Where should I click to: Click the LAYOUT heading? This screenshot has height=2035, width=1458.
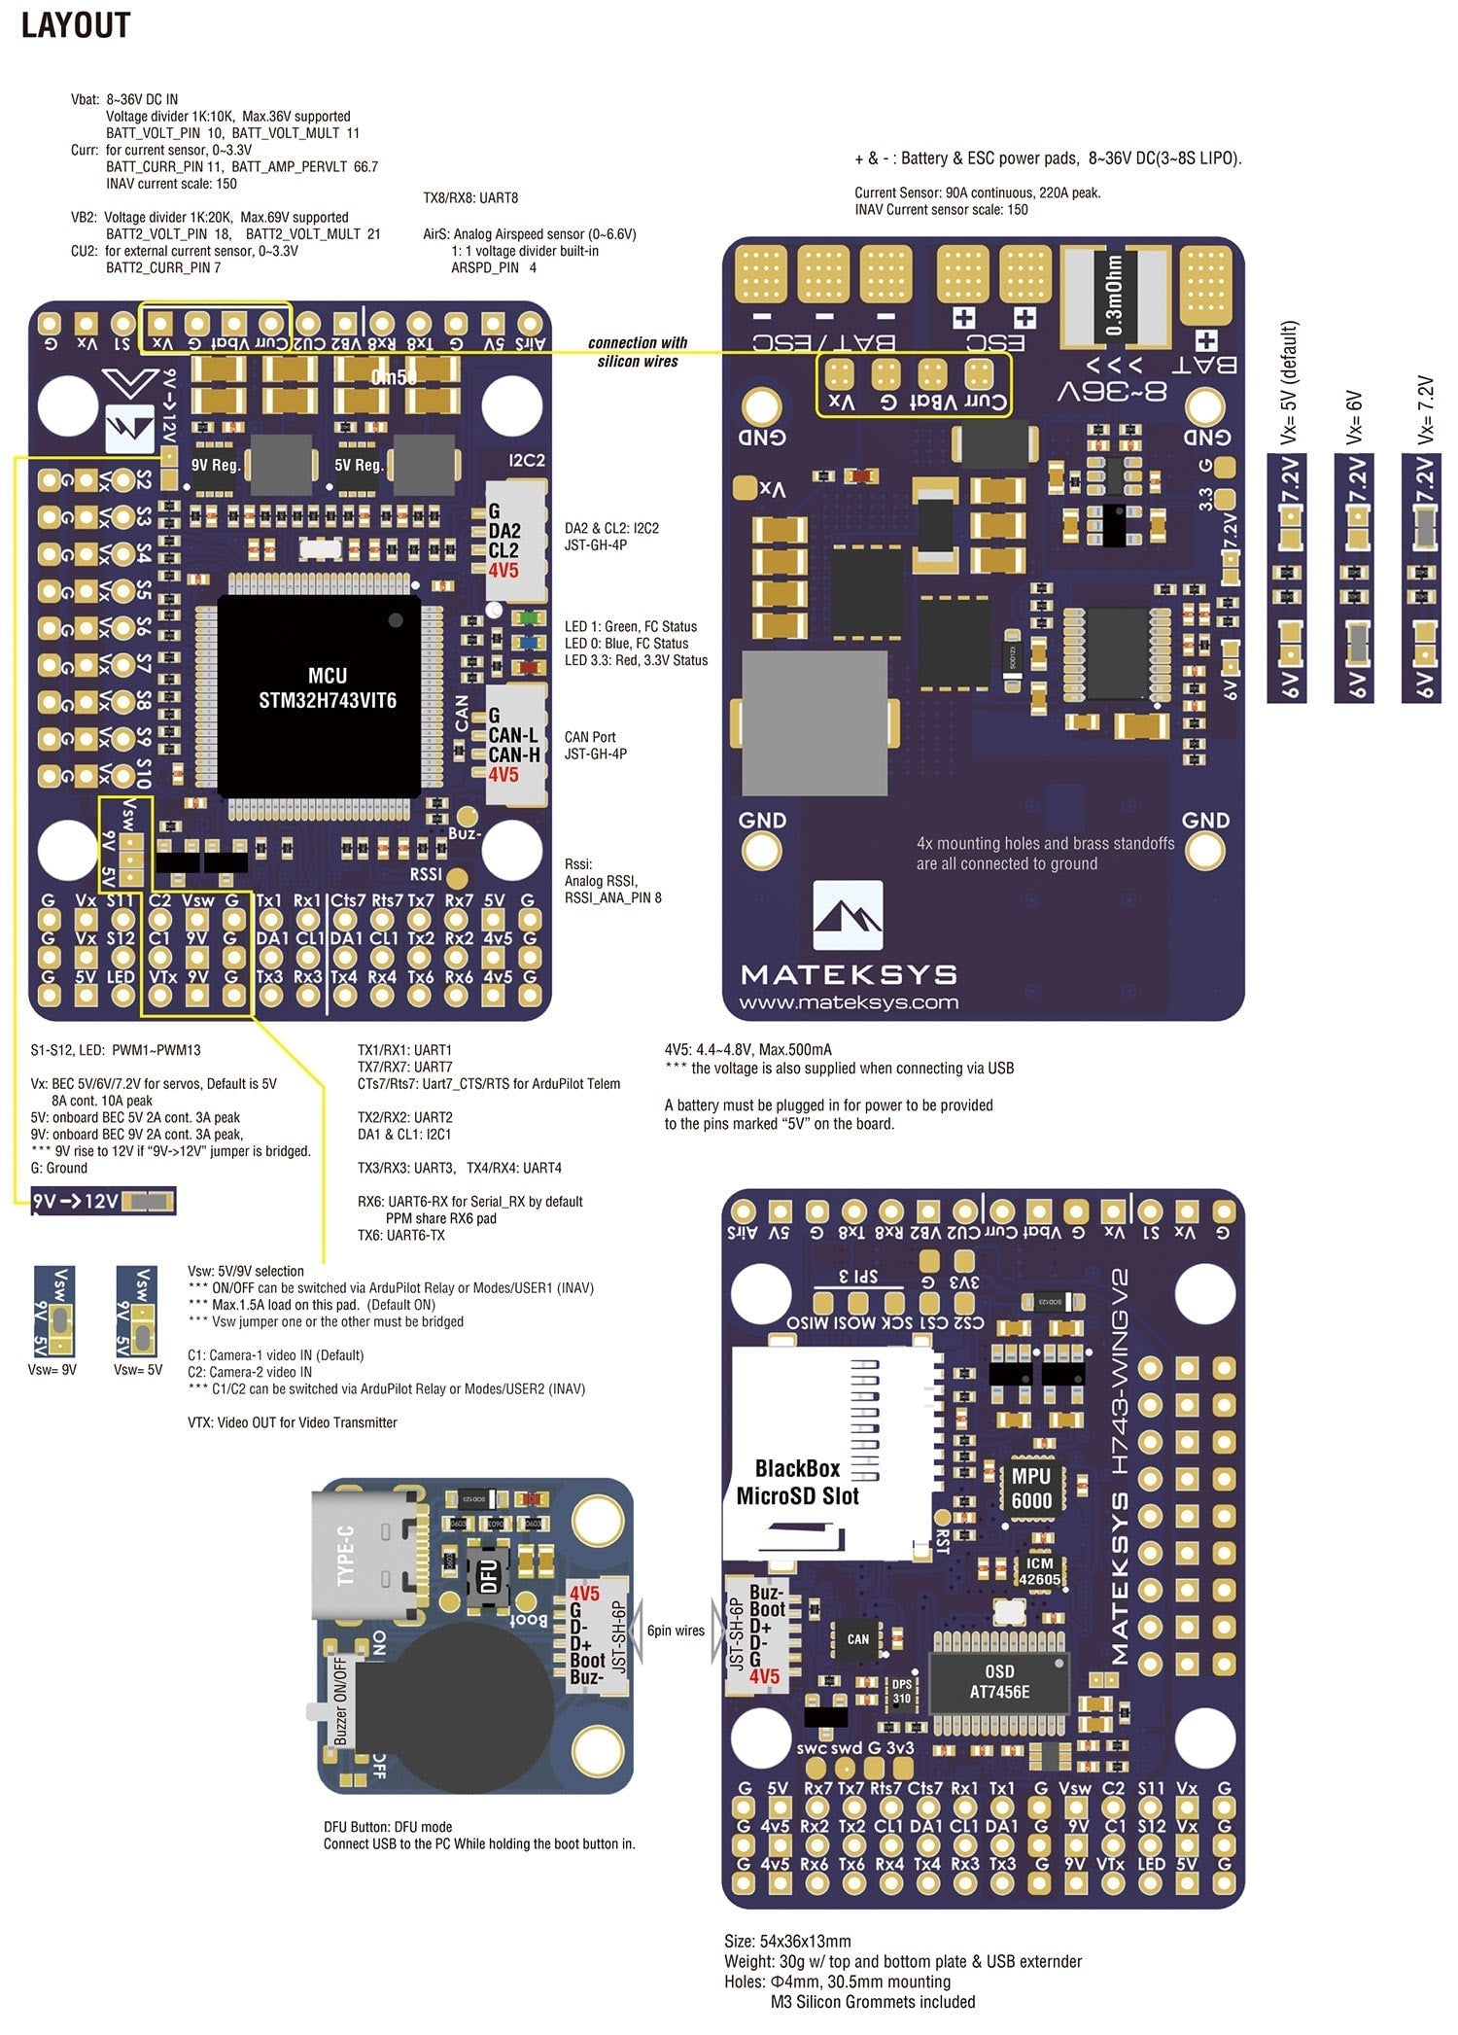(x=76, y=25)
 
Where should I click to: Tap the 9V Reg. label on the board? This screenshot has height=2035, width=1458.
(x=216, y=465)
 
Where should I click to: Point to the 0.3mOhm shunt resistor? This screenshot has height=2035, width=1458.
(x=1115, y=294)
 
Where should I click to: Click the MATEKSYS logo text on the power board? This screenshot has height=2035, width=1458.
(x=849, y=973)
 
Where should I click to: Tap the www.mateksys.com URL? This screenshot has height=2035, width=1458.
(x=849, y=1002)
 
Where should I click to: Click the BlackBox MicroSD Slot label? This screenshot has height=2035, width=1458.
(x=797, y=1482)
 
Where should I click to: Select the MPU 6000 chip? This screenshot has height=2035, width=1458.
(x=1030, y=1488)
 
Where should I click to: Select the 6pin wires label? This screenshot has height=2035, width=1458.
(x=676, y=1631)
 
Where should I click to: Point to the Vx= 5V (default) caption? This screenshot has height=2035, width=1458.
(x=1289, y=383)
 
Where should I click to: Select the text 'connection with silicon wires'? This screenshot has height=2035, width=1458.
(x=638, y=352)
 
